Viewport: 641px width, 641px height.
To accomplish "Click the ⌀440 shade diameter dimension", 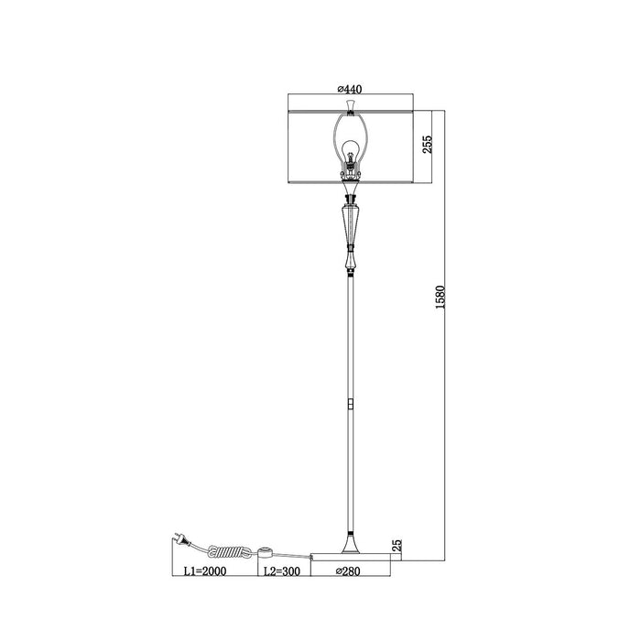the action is click(x=350, y=89).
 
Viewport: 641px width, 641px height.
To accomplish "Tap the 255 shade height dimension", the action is click(x=427, y=145).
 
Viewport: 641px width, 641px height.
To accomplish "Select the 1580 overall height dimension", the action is click(x=440, y=298).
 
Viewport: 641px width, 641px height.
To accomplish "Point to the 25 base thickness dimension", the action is click(x=397, y=546).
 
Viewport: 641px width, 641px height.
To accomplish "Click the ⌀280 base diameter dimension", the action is click(x=348, y=571).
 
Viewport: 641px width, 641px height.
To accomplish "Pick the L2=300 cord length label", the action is click(x=282, y=571).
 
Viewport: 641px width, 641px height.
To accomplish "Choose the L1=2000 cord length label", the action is click(x=205, y=571).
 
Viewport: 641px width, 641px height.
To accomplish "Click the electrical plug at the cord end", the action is click(x=182, y=540).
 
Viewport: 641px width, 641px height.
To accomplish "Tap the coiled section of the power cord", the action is click(x=230, y=551).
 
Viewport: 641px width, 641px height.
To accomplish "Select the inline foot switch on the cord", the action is click(x=267, y=552).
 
